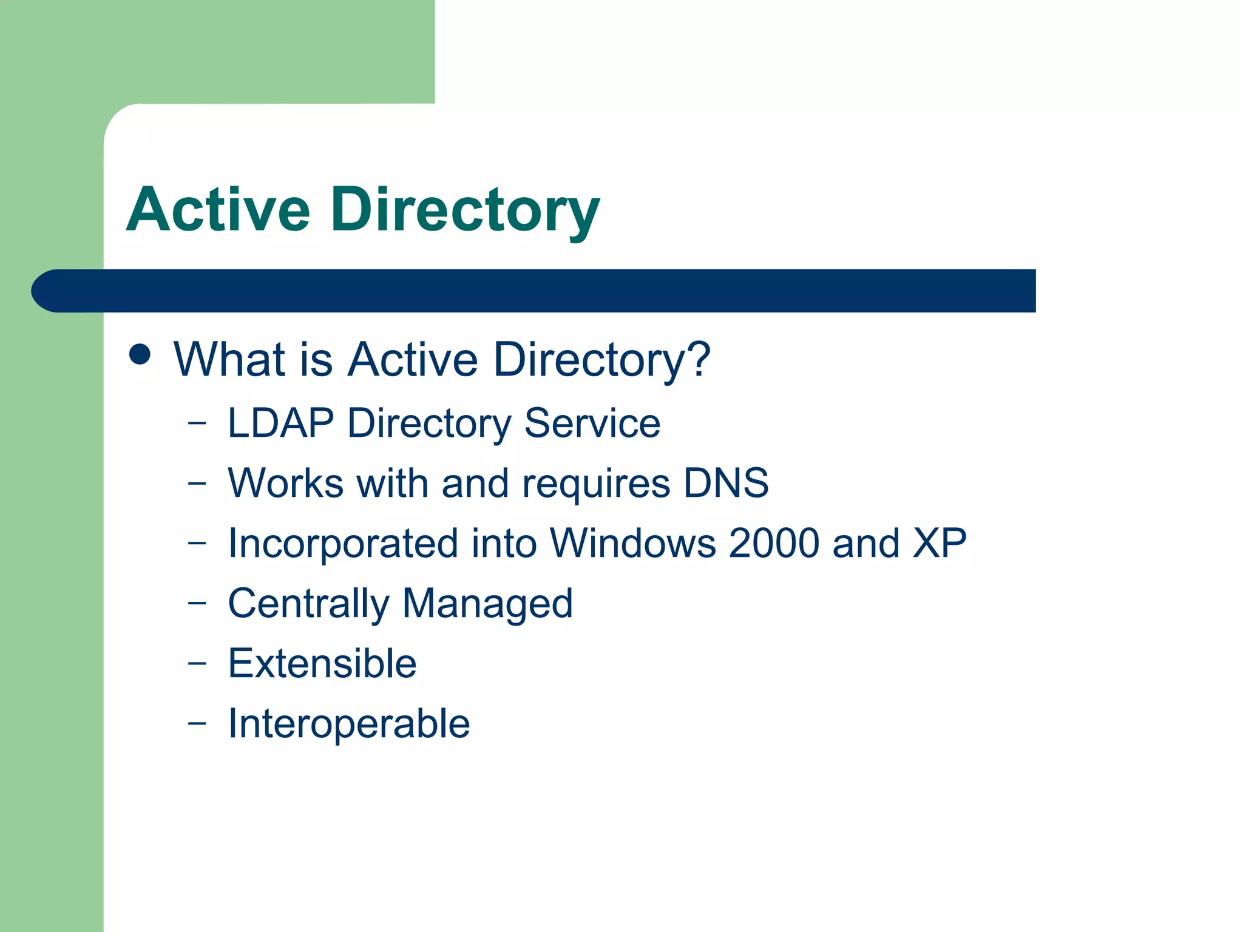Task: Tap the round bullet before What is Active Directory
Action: [x=140, y=354]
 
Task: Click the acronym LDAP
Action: [x=280, y=423]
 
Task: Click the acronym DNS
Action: [x=726, y=483]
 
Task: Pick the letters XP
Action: [x=940, y=543]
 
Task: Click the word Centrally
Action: [x=308, y=604]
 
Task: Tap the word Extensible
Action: [x=322, y=663]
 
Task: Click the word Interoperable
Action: [x=349, y=724]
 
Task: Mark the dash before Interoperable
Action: [x=197, y=723]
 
